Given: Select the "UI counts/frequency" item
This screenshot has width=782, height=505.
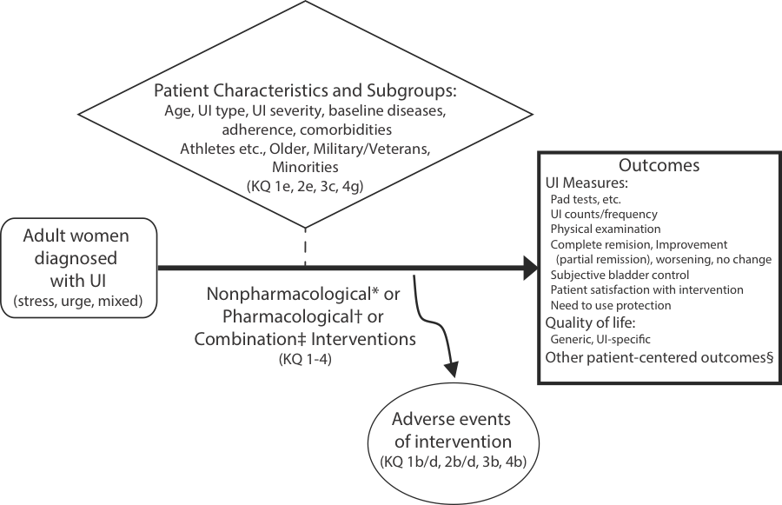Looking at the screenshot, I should coord(604,214).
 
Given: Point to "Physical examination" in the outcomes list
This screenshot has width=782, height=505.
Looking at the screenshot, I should coord(605,229).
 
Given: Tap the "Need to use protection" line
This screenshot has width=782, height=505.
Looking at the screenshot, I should coord(612,306).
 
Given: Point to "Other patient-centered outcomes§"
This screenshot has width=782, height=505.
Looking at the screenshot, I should coord(659,357).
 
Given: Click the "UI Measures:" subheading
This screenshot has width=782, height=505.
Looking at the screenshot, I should coord(586,183).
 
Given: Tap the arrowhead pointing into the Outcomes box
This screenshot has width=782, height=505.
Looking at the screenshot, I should coord(529,269).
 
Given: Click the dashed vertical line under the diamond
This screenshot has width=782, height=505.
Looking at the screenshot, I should coord(306,249).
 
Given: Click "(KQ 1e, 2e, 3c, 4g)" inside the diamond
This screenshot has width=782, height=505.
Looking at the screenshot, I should coord(305,185).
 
